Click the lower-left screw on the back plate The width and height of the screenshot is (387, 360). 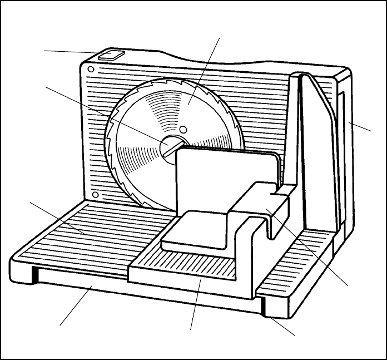coord(96,195)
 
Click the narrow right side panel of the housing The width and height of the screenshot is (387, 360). coord(345,145)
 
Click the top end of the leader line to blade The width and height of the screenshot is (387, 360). coord(221,37)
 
